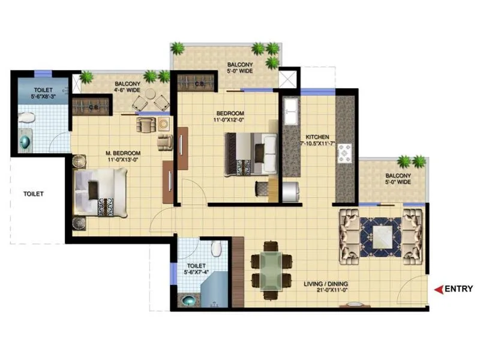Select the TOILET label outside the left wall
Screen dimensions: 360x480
tap(34, 194)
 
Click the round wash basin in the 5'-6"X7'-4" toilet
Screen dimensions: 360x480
tap(189, 300)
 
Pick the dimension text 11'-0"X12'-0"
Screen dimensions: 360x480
tap(230, 120)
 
